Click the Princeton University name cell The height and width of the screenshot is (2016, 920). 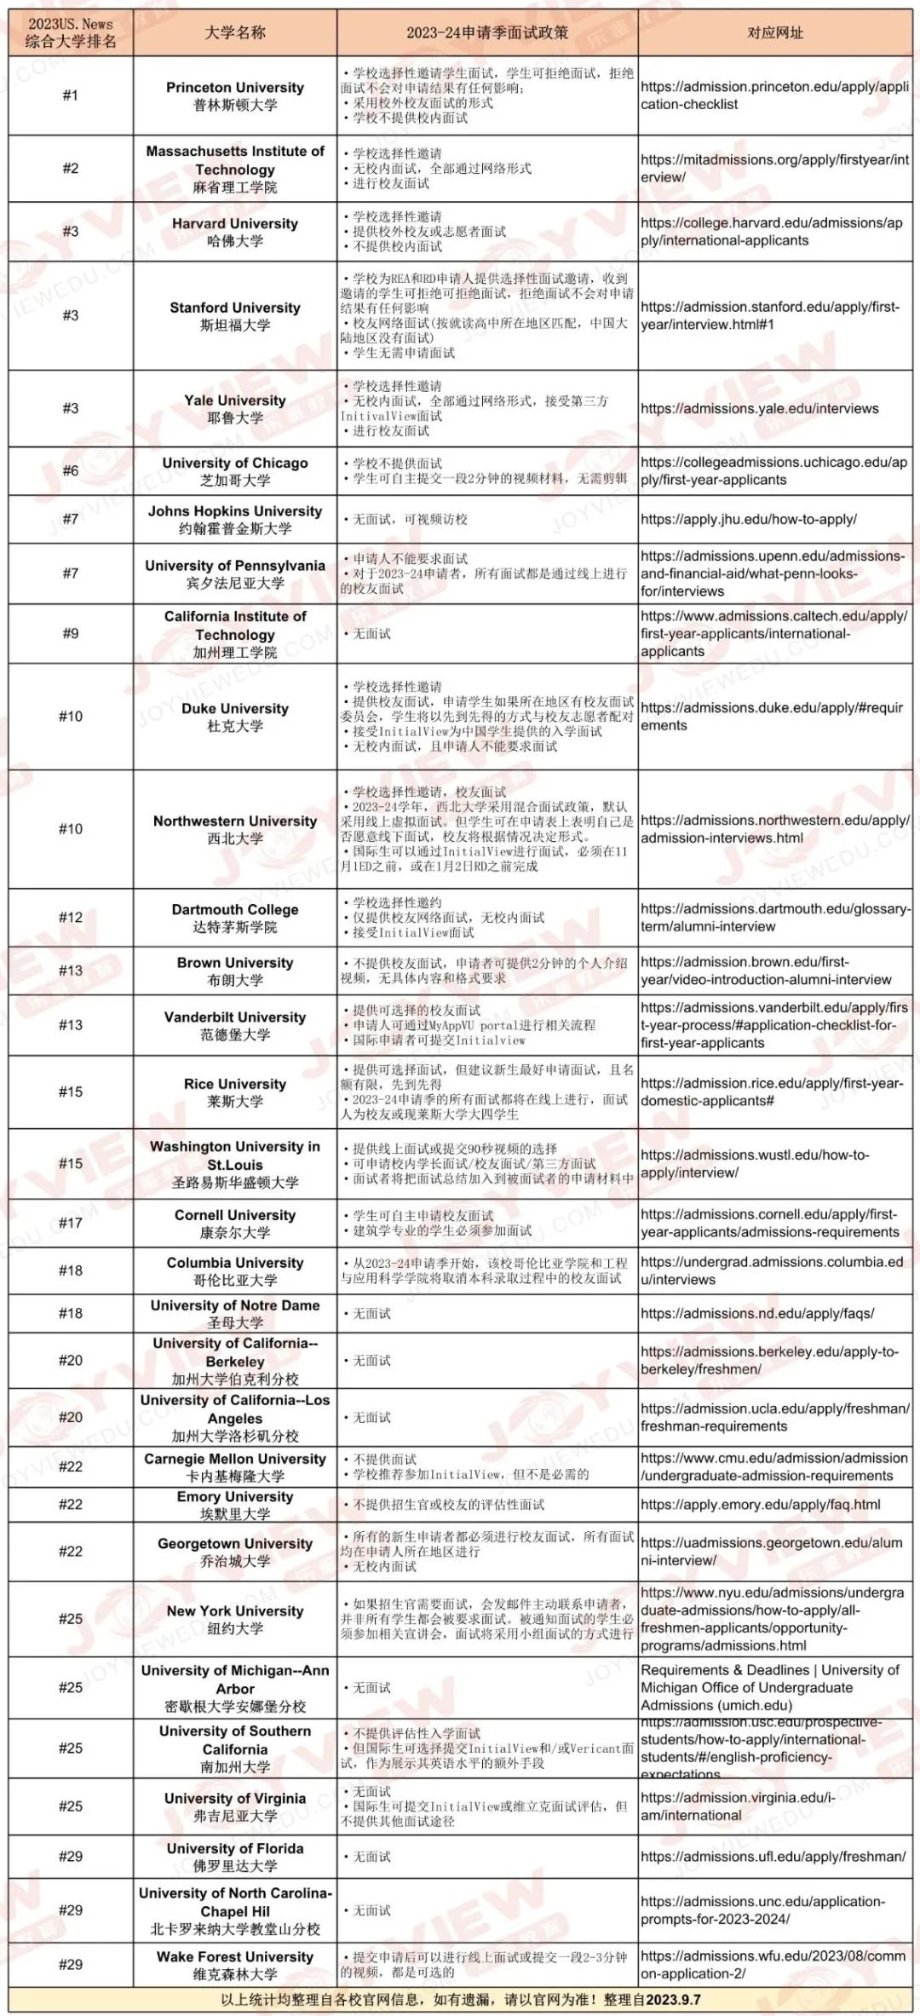pos(235,95)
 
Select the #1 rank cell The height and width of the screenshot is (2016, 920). pos(71,95)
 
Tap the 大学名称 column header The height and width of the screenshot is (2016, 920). pos(235,32)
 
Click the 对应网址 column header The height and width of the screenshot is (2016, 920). pos(774,32)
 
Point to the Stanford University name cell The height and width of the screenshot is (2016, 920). pos(235,316)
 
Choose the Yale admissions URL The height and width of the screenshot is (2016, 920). pos(759,408)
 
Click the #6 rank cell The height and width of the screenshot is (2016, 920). pos(71,470)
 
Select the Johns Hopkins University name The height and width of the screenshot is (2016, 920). pos(235,519)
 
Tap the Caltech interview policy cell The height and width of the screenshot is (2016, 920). pos(487,634)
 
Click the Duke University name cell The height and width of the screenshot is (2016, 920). pos(235,717)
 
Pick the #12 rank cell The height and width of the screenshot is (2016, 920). pos(71,917)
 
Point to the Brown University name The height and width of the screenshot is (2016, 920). pos(235,971)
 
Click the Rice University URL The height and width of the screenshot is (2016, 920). pos(771,1092)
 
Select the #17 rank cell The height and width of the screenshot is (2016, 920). pos(71,1223)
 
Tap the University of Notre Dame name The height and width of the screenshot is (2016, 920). pos(235,1313)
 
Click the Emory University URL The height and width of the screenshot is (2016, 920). pos(760,1504)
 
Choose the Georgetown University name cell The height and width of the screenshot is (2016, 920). pos(235,1552)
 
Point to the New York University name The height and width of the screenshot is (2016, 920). pos(235,1619)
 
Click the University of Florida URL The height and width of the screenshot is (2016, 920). pos(773,1856)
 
